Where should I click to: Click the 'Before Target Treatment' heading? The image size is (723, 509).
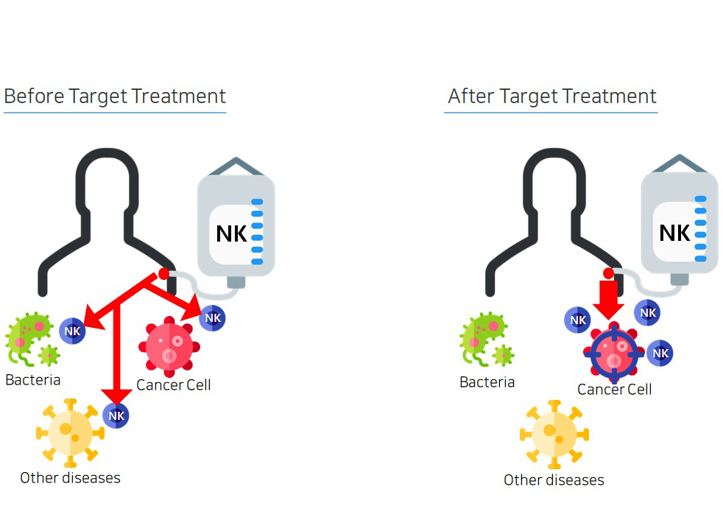tap(115, 96)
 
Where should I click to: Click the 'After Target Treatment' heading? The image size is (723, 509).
tap(551, 96)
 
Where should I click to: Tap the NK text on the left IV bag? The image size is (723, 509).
tap(232, 234)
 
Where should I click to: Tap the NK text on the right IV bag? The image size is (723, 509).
tap(674, 233)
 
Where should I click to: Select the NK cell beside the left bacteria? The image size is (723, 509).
tap(72, 331)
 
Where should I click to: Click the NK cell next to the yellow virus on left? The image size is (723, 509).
tap(116, 415)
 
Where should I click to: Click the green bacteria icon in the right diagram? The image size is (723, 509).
tap(483, 338)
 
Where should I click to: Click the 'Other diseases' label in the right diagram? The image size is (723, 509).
tap(554, 480)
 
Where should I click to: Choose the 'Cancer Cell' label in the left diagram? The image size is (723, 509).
tap(174, 385)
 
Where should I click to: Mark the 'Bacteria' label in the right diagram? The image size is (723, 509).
tap(487, 382)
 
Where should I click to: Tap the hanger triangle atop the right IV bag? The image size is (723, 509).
tap(679, 164)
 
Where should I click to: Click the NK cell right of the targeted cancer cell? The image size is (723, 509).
tap(660, 353)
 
